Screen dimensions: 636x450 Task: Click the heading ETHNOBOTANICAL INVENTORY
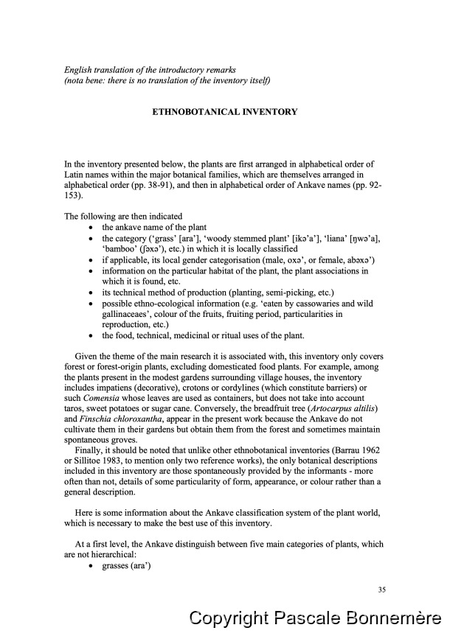(x=224, y=112)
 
